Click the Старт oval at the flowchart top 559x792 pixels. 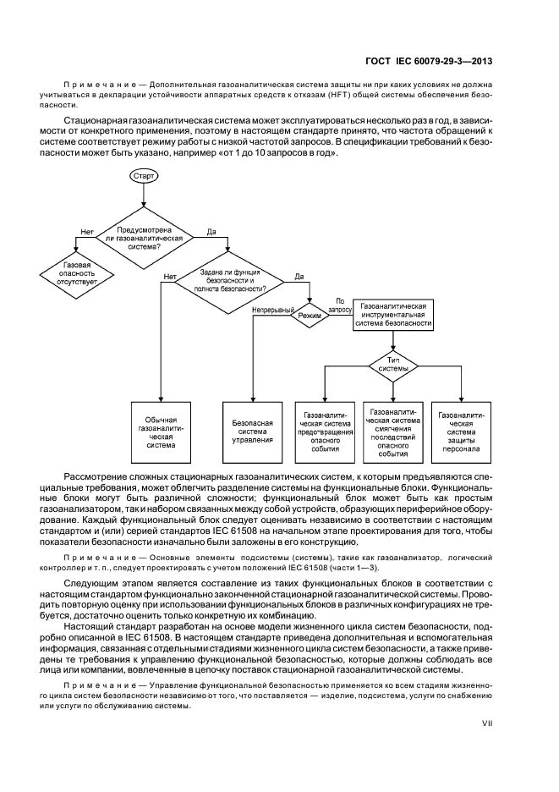(x=143, y=175)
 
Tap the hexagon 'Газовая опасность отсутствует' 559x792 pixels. (x=77, y=271)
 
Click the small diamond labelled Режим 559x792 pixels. (x=310, y=316)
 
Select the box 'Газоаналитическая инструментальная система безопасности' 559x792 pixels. (x=394, y=313)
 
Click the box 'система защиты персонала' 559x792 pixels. (x=462, y=432)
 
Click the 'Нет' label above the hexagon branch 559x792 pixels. (x=86, y=231)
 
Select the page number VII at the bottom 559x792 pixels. (x=499, y=724)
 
